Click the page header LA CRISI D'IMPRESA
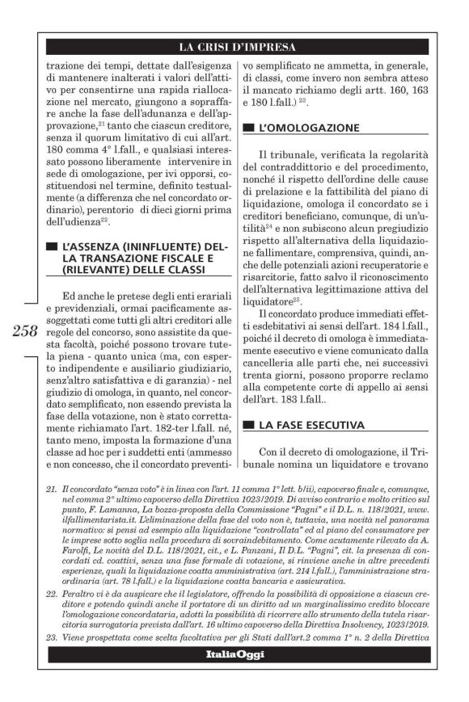coord(234,47)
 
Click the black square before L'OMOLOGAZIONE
coord(247,128)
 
